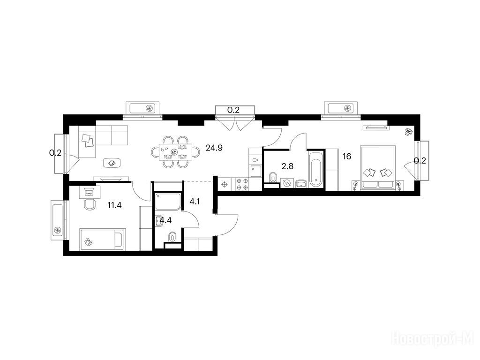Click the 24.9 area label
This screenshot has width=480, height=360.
(x=214, y=148)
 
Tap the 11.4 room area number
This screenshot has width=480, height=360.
(x=114, y=205)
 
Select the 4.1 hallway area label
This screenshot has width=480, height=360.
(x=195, y=202)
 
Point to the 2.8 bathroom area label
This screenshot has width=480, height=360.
(x=287, y=166)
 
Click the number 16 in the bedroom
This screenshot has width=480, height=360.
(x=347, y=157)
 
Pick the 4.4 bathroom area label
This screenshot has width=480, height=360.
(x=165, y=220)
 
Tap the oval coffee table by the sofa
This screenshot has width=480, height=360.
(x=112, y=163)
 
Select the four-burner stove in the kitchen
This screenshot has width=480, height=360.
(x=242, y=185)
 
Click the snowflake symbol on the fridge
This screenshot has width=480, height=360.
(x=224, y=185)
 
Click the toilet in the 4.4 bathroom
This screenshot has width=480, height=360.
(x=172, y=237)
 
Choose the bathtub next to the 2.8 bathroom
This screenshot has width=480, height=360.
(x=315, y=169)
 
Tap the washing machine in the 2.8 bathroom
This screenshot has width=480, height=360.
(x=287, y=183)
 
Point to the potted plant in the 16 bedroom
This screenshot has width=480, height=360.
(x=408, y=132)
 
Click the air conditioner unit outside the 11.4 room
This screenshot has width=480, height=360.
(x=57, y=220)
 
